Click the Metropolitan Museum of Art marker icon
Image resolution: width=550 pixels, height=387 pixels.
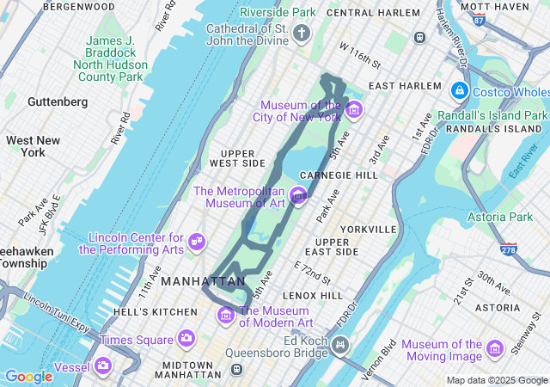[299, 196]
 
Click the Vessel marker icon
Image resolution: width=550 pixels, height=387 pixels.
[104, 367]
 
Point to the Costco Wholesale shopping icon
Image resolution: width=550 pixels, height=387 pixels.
[459, 91]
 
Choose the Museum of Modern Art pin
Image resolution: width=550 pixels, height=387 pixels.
[227, 316]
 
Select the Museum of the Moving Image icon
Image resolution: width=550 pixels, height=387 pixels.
[494, 348]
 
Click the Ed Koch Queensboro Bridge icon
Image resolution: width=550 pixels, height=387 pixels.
[341, 346]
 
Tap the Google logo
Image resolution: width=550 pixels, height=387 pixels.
[28, 376]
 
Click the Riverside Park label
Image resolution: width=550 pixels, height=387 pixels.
[278, 12]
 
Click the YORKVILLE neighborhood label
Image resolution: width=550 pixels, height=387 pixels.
[368, 230]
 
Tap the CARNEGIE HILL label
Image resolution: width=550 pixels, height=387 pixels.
[338, 175]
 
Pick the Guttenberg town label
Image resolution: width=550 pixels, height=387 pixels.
[58, 101]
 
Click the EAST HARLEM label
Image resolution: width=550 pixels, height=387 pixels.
[404, 87]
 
